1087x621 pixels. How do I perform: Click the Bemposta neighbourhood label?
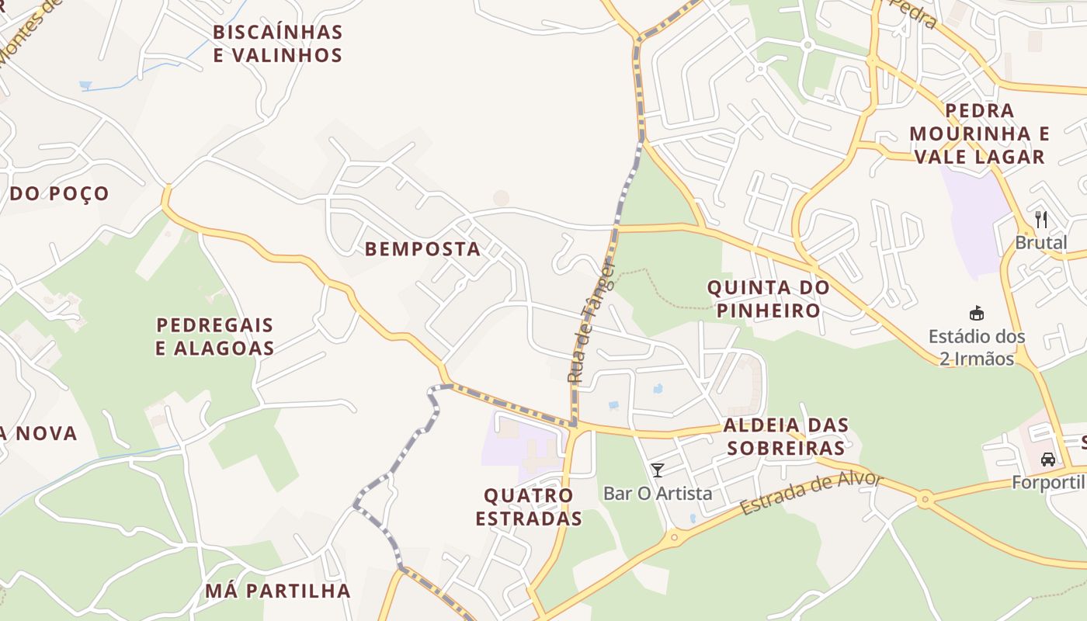pyautogui.click(x=422, y=249)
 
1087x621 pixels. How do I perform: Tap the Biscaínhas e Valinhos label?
pyautogui.click(x=277, y=43)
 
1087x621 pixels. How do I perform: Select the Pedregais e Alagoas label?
pyautogui.click(x=215, y=336)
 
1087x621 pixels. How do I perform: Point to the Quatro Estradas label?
pyautogui.click(x=529, y=507)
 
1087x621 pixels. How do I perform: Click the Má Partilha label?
pyautogui.click(x=278, y=591)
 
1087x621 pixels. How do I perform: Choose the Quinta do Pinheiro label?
pyautogui.click(x=768, y=299)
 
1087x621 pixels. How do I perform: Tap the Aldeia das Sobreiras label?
pyautogui.click(x=785, y=436)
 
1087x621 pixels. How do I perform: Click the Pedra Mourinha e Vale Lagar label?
pyautogui.click(x=979, y=134)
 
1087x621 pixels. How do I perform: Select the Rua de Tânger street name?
pyautogui.click(x=591, y=323)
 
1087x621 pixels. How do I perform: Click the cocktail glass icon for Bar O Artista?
pyautogui.click(x=658, y=470)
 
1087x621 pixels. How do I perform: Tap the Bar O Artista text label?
pyautogui.click(x=658, y=493)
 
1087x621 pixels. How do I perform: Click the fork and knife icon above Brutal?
pyautogui.click(x=1041, y=220)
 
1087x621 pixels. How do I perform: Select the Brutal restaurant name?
pyautogui.click(x=1041, y=243)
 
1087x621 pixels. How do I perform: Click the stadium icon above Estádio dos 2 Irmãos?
pyautogui.click(x=976, y=314)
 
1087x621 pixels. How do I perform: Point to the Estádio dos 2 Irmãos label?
pyautogui.click(x=976, y=348)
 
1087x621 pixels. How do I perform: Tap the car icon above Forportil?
pyautogui.click(x=1048, y=459)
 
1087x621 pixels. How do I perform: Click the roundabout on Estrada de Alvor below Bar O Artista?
pyautogui.click(x=673, y=536)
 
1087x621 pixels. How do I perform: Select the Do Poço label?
pyautogui.click(x=59, y=193)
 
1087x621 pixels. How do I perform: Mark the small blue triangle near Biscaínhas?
pyautogui.click(x=85, y=85)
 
